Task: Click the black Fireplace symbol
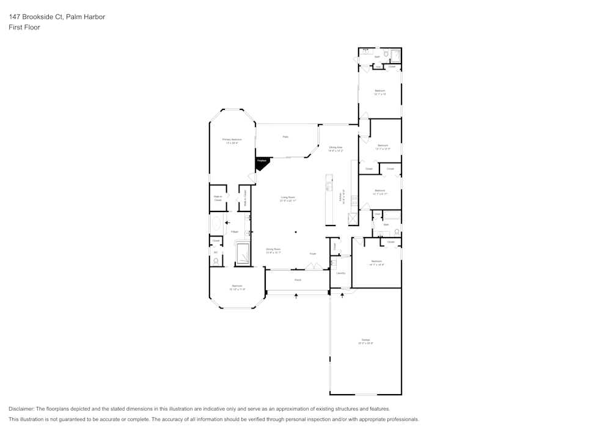pos(262,162)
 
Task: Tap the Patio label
pos(285,137)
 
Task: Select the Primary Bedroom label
pos(232,140)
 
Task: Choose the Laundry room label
pos(341,273)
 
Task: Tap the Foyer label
pos(313,253)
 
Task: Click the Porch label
pos(298,280)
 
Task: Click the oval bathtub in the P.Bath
pos(216,223)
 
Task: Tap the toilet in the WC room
pos(216,262)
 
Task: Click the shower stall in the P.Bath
pos(243,254)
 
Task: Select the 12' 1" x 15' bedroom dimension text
pos(380,94)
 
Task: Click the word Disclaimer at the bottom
pos(21,409)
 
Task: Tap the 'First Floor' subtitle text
pos(24,27)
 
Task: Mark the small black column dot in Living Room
pos(295,232)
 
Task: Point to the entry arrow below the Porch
pos(297,296)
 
